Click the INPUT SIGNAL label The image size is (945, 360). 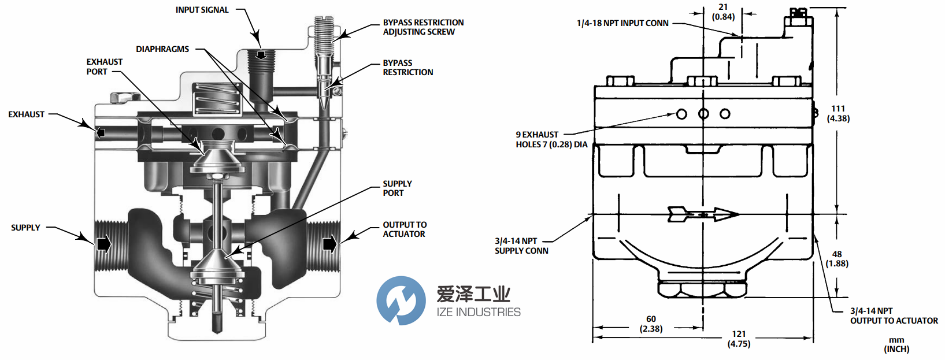pos(202,10)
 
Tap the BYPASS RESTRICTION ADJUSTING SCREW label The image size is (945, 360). pos(423,27)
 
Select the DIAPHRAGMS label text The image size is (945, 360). pos(162,49)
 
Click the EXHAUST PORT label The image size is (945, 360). pos(104,66)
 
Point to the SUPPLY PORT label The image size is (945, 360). pos(397,188)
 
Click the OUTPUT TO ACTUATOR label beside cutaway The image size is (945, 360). pos(405,229)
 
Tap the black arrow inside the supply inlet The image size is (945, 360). pos(103,244)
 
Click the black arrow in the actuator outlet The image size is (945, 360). pos(329,244)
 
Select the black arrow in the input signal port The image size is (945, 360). pos(261,55)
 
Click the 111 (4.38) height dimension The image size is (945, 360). pos(838,113)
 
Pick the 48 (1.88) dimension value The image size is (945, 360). pos(837,259)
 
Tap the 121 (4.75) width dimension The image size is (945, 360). pos(739,339)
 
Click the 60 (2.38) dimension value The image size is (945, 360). pos(651,324)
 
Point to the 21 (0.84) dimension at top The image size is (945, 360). pos(723,12)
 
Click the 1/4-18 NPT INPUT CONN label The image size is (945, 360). pos(622,23)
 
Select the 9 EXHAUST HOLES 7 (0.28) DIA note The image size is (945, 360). pos(551,139)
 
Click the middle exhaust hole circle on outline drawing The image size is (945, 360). pos(703,114)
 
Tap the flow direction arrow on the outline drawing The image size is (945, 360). pos(703,214)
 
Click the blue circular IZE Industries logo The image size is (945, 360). pos(401,300)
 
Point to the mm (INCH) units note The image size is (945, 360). pos(896,344)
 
